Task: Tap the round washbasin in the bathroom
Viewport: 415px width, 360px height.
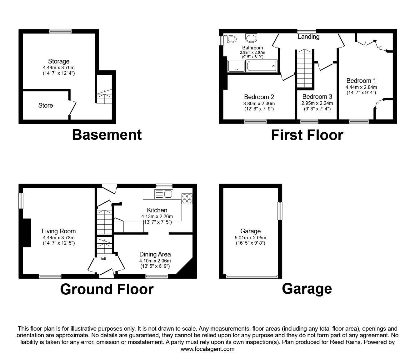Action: tap(251, 38)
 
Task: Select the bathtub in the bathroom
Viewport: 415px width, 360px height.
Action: tap(262, 66)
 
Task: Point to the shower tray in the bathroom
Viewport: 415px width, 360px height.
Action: tap(236, 66)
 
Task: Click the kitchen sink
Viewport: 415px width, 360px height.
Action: tap(164, 194)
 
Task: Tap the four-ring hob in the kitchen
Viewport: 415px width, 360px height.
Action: tap(187, 199)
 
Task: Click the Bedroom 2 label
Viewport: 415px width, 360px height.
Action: tap(259, 97)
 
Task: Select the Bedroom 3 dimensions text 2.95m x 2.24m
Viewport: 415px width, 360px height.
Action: tap(317, 103)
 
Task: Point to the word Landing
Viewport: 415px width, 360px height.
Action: tap(308, 37)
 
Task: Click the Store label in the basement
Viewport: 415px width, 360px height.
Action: tap(46, 105)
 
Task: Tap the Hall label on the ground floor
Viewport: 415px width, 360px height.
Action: tap(102, 259)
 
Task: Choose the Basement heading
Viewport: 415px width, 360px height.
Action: tap(107, 135)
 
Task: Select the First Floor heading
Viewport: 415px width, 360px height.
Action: tap(307, 135)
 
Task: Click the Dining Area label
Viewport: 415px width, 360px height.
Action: tap(155, 254)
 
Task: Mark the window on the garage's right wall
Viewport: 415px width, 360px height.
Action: tap(280, 211)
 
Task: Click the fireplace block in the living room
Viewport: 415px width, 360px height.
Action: tap(27, 233)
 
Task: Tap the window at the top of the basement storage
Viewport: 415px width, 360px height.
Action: tap(60, 31)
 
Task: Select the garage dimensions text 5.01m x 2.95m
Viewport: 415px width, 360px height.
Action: tap(250, 238)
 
